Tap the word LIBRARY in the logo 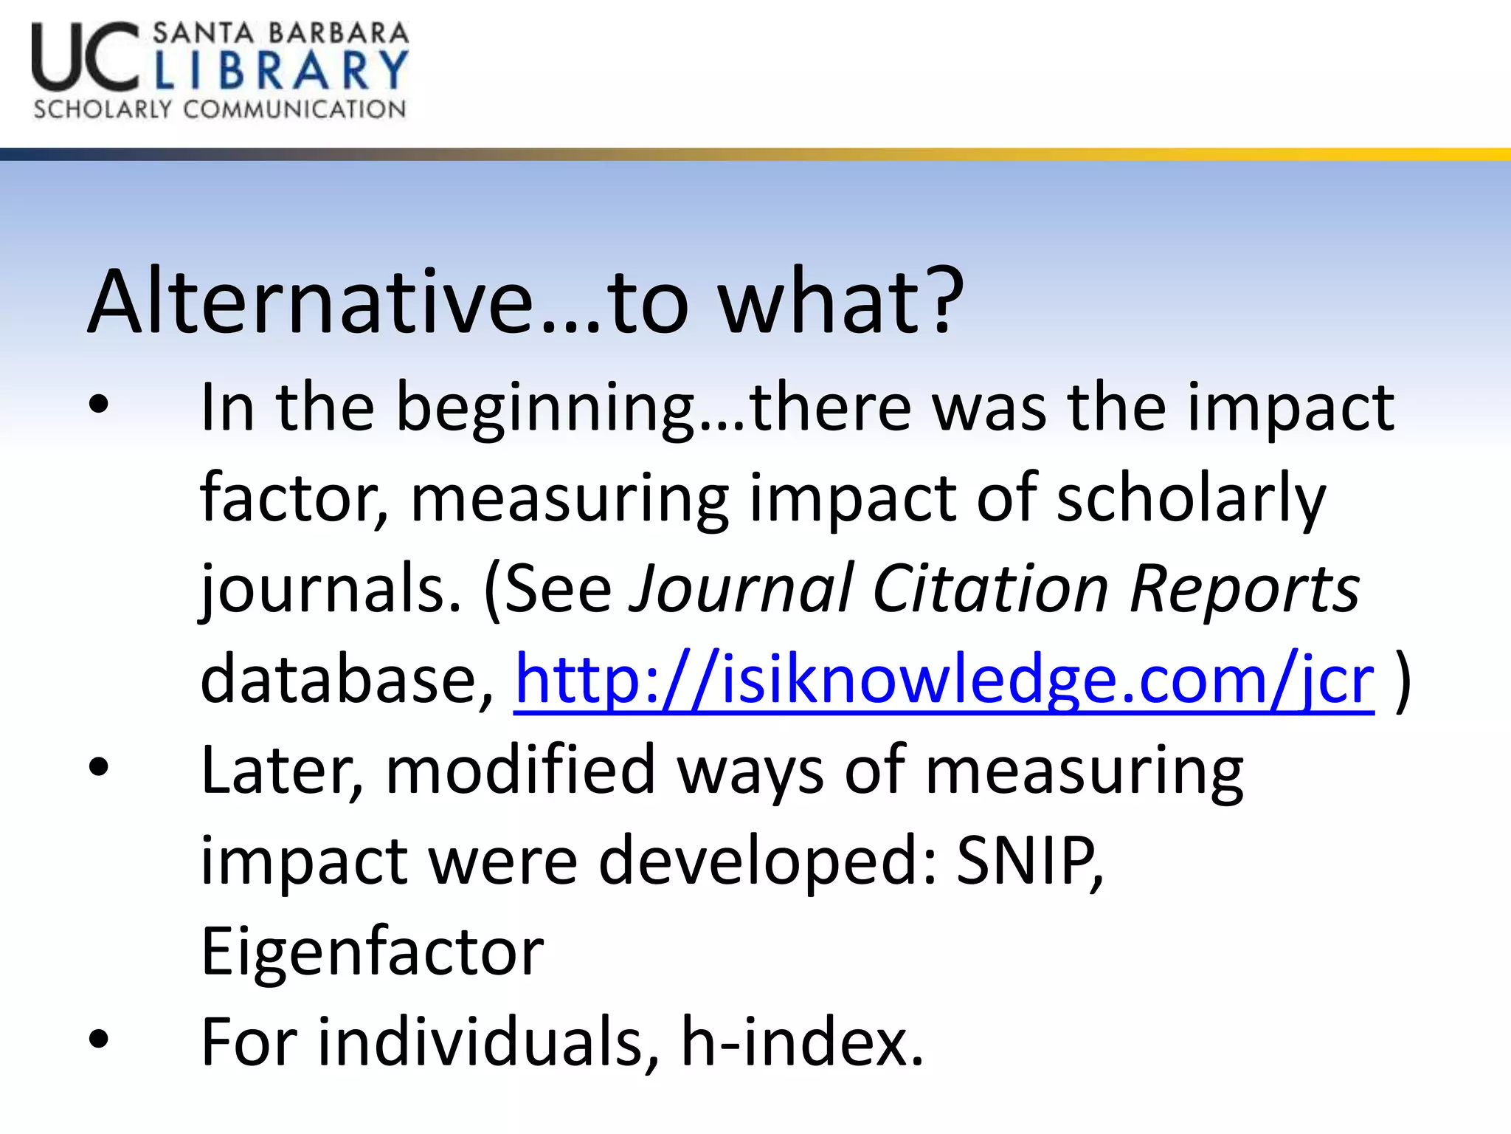pyautogui.click(x=281, y=70)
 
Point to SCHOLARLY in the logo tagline pyautogui.click(x=102, y=109)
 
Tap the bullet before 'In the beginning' pyautogui.click(x=98, y=405)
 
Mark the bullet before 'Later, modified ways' pyautogui.click(x=98, y=769)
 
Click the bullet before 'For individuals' pyautogui.click(x=98, y=1040)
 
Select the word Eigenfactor pyautogui.click(x=373, y=951)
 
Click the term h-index pyautogui.click(x=801, y=1041)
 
